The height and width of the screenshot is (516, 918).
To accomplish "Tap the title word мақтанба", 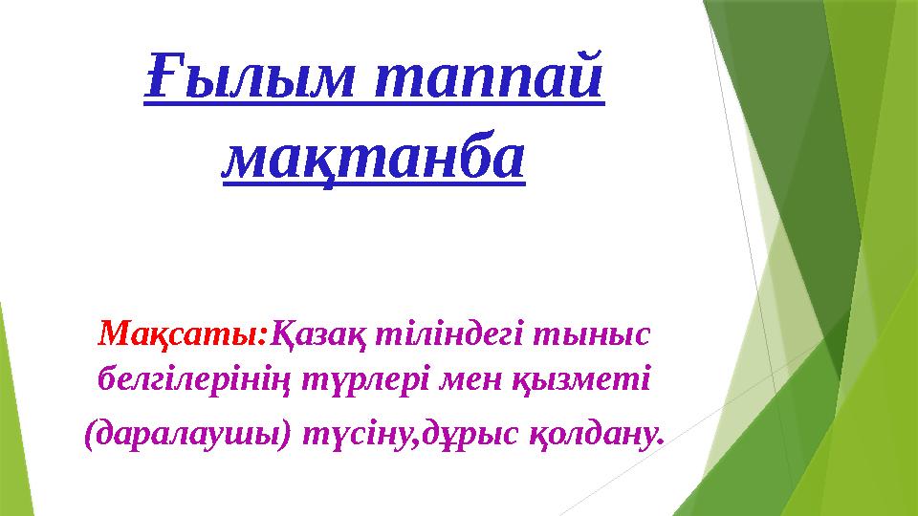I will point(374,157).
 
